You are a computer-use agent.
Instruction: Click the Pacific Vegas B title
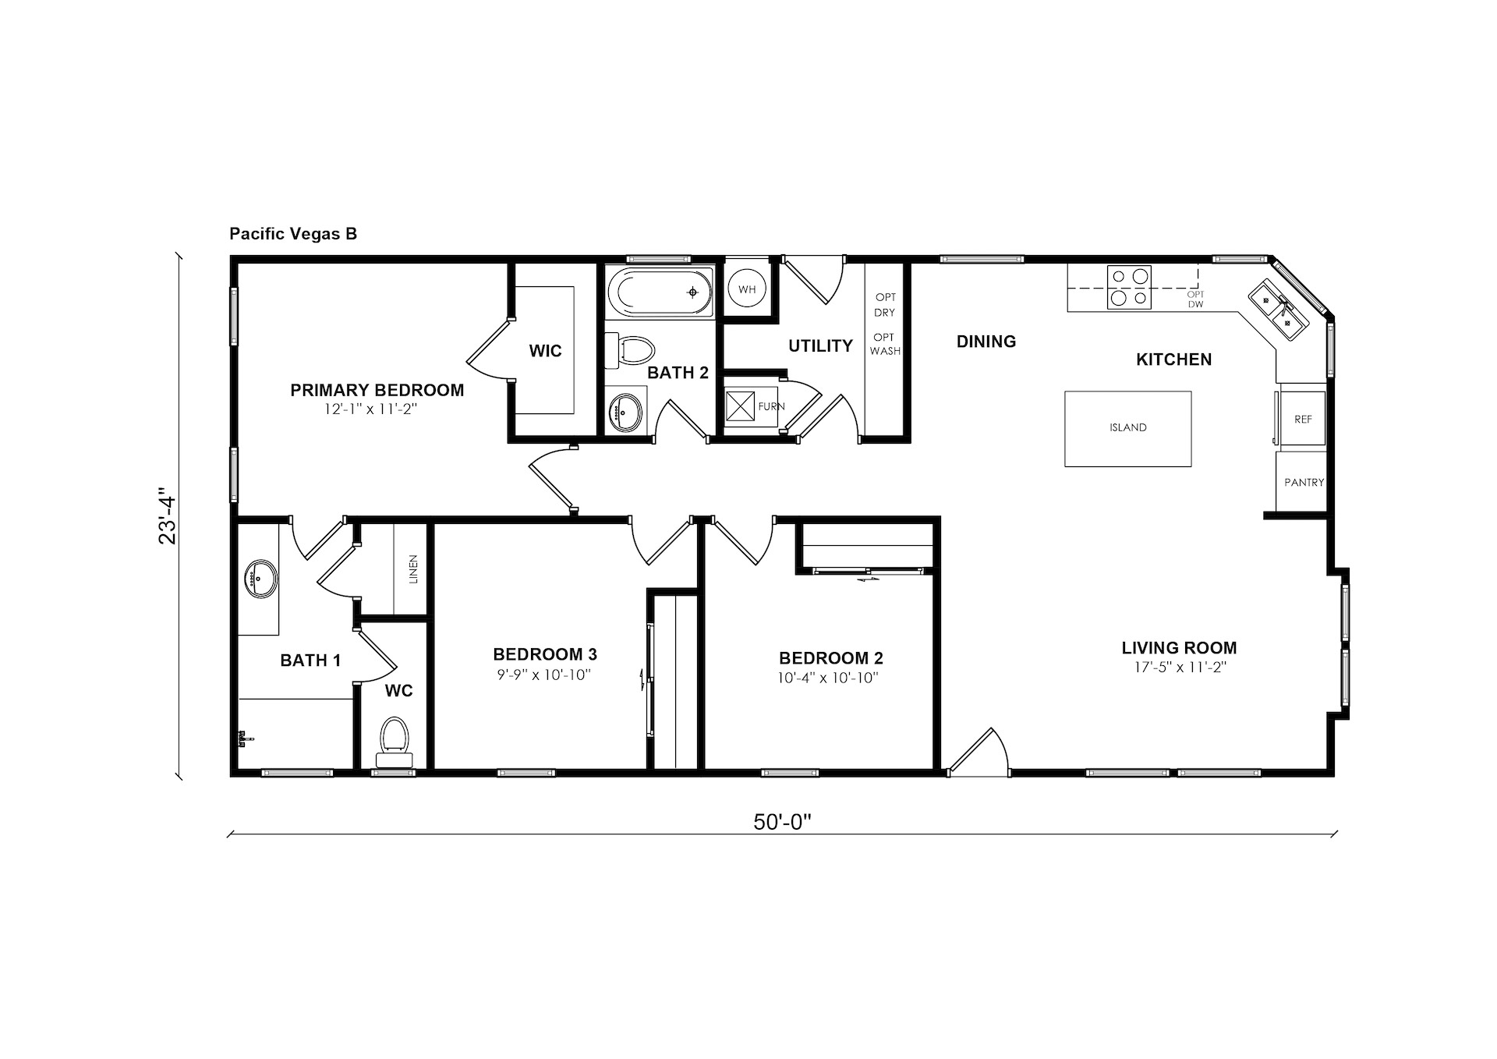(293, 234)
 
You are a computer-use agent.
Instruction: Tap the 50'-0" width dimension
(783, 822)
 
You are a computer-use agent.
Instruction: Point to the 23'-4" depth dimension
(168, 516)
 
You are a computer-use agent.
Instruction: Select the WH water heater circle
(747, 289)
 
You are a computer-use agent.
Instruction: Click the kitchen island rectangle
(1128, 429)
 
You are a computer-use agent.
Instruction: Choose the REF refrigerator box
(1302, 418)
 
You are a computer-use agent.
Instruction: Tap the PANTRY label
(1304, 483)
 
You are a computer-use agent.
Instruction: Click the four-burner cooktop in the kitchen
(1129, 287)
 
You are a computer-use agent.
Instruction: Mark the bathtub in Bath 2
(665, 292)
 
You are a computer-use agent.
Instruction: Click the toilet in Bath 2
(628, 352)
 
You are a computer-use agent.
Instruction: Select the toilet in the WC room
(395, 742)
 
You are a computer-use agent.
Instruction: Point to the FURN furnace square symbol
(740, 406)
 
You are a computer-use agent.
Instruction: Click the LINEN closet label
(413, 569)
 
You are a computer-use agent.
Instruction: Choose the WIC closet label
(545, 352)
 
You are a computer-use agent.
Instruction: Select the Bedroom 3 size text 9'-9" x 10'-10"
(544, 675)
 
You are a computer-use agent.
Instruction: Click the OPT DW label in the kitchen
(1195, 299)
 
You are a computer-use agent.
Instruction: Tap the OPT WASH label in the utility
(885, 344)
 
